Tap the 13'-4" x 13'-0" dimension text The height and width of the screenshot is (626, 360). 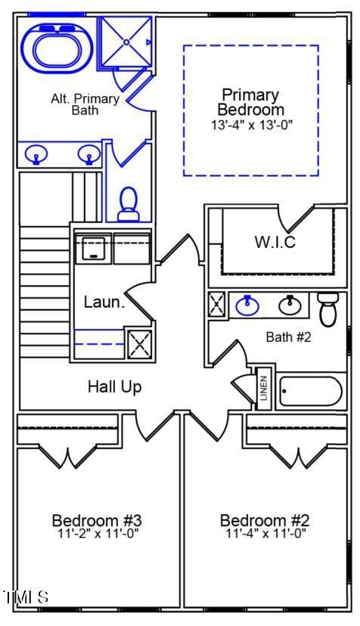[250, 125]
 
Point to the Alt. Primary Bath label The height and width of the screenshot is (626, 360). [85, 104]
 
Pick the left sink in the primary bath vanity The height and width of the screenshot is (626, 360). [36, 156]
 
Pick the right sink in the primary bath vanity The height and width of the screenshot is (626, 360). [88, 156]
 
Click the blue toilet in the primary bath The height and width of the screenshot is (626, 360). [129, 204]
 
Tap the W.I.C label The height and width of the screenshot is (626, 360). [275, 243]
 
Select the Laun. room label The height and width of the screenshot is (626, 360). [104, 302]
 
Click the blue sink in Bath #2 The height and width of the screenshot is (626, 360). [247, 305]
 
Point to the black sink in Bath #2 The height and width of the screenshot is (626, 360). [290, 305]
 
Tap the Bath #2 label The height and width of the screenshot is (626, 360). [288, 337]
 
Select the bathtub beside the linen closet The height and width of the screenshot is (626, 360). [310, 392]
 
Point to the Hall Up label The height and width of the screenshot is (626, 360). [114, 387]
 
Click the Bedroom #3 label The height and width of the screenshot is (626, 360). [97, 520]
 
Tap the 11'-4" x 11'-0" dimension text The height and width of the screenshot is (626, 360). [265, 534]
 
